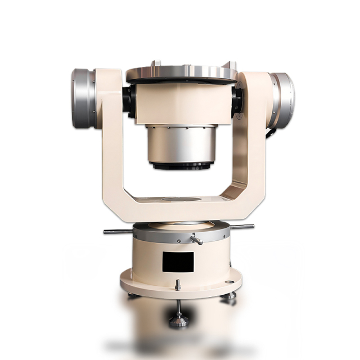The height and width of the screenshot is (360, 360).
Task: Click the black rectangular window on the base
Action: click(178, 262)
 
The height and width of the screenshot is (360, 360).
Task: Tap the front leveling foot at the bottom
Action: click(179, 319)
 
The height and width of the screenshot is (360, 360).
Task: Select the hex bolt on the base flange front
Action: click(178, 285)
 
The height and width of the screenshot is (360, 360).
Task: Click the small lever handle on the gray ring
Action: click(196, 240)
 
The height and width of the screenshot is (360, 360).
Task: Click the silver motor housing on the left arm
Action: click(83, 98)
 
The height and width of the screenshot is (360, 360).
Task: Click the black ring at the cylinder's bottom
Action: click(181, 166)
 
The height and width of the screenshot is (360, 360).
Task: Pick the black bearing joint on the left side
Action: click(129, 101)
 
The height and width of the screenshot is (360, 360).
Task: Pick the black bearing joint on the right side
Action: click(236, 100)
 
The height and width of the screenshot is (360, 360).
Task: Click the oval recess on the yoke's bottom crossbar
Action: click(181, 199)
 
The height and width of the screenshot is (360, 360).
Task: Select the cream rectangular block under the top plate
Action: click(183, 104)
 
